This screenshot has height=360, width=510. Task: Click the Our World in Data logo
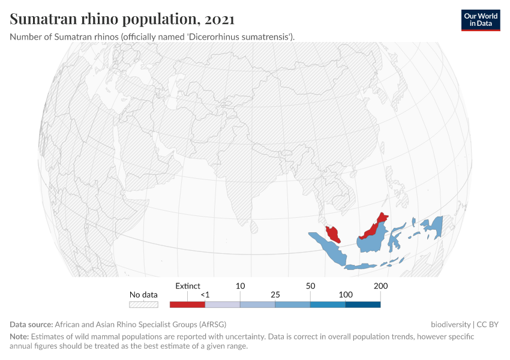pos(480,20)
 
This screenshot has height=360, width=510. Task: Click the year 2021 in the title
pos(220,19)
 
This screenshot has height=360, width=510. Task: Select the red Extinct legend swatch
pos(187,304)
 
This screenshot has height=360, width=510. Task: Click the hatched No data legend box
pos(144,304)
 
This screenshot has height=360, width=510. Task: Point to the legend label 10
pos(240,286)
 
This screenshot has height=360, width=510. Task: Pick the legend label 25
pos(275,295)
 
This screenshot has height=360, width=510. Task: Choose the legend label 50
pos(310,286)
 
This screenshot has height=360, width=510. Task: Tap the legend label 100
pos(346,295)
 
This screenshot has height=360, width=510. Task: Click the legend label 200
pos(380,286)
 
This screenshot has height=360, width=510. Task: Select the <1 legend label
pos(205,295)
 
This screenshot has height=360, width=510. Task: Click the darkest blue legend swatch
pos(363,304)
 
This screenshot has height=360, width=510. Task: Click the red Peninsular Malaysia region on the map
pos(332,233)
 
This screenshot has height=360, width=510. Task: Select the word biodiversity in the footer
pos(450,324)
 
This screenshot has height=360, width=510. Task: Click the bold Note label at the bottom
pos(19,337)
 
